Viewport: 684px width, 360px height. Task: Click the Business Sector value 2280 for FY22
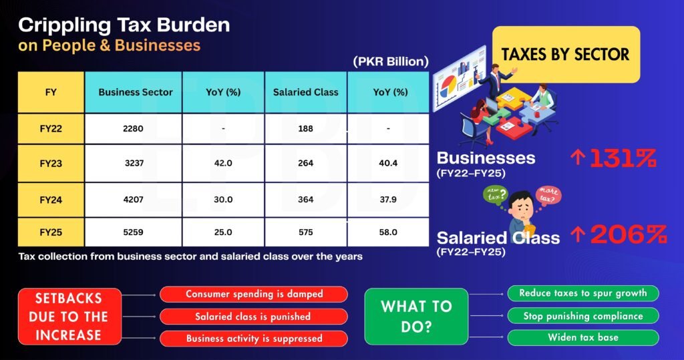(133, 129)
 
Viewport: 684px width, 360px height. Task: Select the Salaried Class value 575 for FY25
(306, 232)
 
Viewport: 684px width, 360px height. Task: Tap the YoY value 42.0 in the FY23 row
(223, 163)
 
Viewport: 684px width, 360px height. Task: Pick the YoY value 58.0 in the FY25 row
(388, 232)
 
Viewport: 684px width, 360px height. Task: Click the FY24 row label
(51, 200)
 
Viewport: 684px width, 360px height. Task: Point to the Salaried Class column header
(306, 92)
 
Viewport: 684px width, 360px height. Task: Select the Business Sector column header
(136, 92)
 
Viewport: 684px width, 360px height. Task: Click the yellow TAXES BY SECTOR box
(566, 54)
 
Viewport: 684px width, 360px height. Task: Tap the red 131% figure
(623, 158)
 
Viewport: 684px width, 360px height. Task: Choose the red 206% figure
(629, 234)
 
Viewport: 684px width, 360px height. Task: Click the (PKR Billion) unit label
(391, 61)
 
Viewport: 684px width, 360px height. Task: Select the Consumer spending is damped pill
(254, 294)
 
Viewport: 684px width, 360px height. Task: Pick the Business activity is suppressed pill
(254, 339)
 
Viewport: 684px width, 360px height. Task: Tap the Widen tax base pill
(583, 337)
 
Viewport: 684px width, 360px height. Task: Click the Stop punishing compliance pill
(583, 316)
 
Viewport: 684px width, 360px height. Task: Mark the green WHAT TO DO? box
(416, 317)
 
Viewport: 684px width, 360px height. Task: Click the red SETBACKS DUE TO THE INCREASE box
(69, 317)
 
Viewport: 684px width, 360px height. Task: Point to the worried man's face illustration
(522, 206)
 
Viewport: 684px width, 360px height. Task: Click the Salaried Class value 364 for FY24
(306, 200)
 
